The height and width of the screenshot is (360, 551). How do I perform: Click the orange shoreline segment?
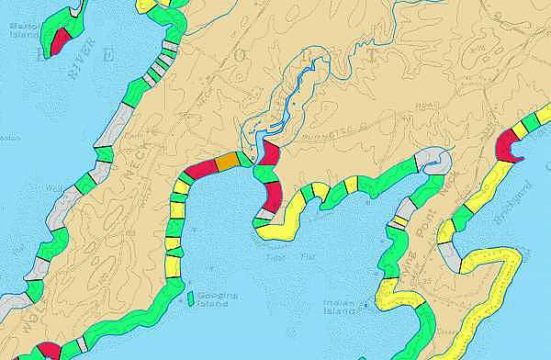(x=226, y=163)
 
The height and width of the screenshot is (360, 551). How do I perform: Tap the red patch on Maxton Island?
(x=60, y=39)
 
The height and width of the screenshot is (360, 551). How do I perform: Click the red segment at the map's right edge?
(x=508, y=142)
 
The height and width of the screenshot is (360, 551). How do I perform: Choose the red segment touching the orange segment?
(x=201, y=169)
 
